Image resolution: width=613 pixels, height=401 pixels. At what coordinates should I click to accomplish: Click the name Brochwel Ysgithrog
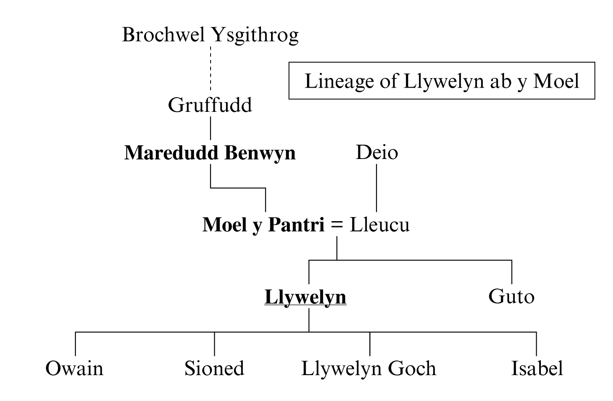click(x=210, y=35)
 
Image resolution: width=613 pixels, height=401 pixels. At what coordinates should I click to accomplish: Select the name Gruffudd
click(x=210, y=105)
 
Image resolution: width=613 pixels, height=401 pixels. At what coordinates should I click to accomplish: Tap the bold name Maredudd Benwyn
click(x=210, y=153)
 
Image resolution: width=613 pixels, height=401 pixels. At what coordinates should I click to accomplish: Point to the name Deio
click(x=377, y=152)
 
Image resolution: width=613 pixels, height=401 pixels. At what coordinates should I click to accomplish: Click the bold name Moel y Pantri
click(x=263, y=225)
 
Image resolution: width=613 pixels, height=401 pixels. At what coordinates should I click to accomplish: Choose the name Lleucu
click(x=379, y=225)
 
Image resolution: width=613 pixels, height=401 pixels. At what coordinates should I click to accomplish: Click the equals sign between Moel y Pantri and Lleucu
click(x=337, y=225)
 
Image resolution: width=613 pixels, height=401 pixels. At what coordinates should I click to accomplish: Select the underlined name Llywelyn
click(x=305, y=297)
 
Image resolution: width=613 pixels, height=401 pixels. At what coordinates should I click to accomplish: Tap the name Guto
click(x=511, y=297)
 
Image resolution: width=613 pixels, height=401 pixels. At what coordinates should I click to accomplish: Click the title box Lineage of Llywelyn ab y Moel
click(x=442, y=81)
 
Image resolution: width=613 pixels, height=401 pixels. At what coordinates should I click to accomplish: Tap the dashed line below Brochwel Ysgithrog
click(x=211, y=69)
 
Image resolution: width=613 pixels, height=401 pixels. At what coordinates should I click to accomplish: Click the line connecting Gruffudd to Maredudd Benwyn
click(x=211, y=128)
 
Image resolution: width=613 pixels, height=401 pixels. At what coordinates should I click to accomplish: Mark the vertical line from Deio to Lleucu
click(x=377, y=188)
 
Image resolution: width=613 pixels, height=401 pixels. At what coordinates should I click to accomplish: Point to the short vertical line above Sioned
click(x=214, y=344)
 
